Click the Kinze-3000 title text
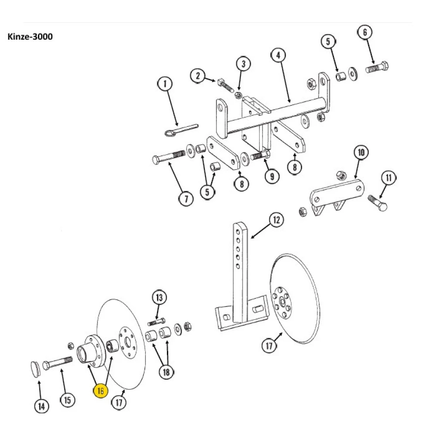(30, 37)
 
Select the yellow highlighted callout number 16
(101, 391)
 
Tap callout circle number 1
(165, 84)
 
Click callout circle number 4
(278, 55)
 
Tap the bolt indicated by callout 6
(377, 68)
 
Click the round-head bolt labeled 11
(378, 202)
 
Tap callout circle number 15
(67, 399)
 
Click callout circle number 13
(159, 298)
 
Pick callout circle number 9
(272, 176)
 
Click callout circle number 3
(243, 64)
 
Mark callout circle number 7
(186, 199)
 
